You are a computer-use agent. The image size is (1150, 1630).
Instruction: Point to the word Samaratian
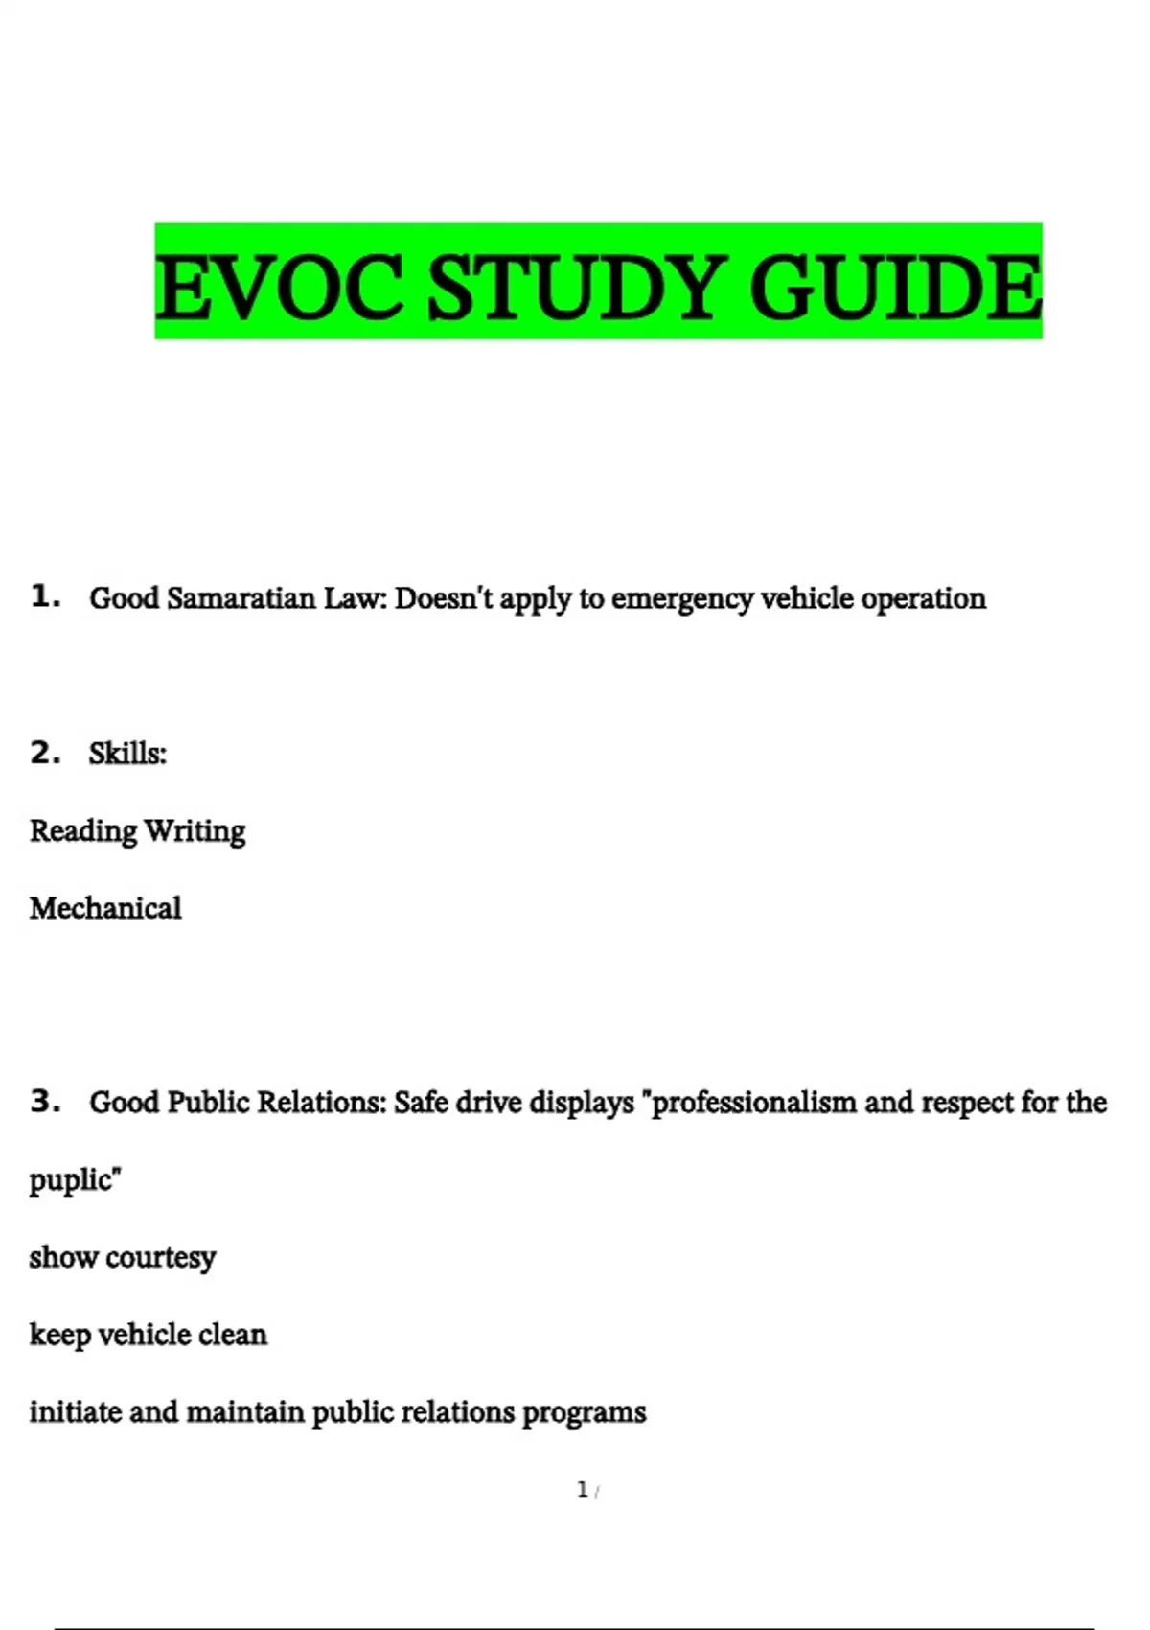(x=241, y=598)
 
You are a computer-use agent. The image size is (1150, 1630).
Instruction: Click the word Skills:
(x=127, y=754)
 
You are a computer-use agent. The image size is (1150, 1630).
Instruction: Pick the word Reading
(x=83, y=831)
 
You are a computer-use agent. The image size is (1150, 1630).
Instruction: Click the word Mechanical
(x=105, y=908)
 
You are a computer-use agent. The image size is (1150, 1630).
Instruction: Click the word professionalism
(x=753, y=1104)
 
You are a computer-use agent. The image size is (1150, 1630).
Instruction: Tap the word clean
(x=233, y=1335)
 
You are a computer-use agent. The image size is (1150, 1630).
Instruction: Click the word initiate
(x=76, y=1412)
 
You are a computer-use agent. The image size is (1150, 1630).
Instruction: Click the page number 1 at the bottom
(x=583, y=1490)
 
